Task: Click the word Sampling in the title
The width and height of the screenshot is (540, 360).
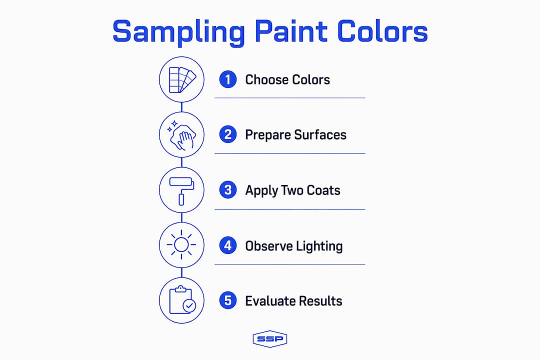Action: pos(178,32)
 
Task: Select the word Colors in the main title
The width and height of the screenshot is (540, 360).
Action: pos(382,31)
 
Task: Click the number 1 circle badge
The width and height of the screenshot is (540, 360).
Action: pos(228,79)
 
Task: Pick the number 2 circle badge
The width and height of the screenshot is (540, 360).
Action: pos(228,134)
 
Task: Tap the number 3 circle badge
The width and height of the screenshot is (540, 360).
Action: pos(228,190)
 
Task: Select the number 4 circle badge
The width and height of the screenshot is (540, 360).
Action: pos(228,245)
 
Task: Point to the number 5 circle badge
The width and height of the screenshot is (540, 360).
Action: pos(228,300)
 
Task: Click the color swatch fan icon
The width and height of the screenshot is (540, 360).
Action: pos(182,80)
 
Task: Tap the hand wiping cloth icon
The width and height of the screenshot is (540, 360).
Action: pos(182,135)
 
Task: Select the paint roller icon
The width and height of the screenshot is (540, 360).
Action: pos(181,191)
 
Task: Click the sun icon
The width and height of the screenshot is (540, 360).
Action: pos(181,245)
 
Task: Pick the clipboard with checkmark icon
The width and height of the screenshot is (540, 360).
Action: pos(182,300)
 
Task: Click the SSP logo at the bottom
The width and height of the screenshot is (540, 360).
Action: pos(270,339)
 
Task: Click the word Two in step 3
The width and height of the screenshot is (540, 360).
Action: pos(292,190)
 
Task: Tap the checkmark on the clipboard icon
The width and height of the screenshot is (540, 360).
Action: pos(189,305)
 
